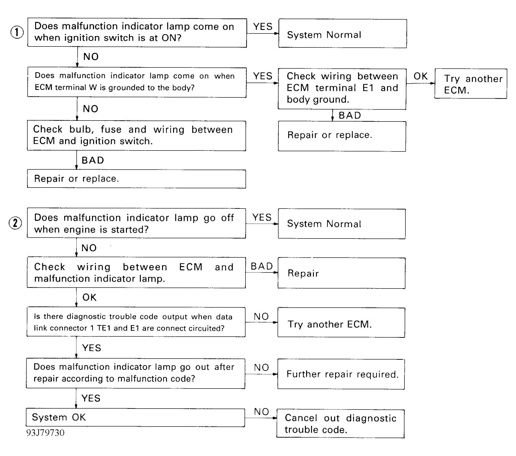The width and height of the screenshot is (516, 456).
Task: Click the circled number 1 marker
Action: tap(17, 32)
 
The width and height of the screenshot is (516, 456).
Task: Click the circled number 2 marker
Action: tap(15, 223)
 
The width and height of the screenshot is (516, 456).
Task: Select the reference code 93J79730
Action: tap(46, 433)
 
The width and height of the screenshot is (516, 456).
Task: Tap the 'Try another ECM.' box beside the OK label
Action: tap(470, 84)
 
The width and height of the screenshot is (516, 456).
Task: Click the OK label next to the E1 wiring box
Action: tap(420, 76)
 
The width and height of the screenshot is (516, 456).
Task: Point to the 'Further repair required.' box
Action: tap(341, 374)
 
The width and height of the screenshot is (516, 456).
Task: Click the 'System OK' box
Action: tap(135, 417)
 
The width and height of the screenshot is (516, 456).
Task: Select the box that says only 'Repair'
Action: tap(341, 273)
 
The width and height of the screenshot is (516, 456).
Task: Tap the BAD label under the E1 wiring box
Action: tap(350, 115)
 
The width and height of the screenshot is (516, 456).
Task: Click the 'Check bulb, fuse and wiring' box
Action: tap(136, 136)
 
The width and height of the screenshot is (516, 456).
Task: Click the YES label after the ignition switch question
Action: tap(263, 26)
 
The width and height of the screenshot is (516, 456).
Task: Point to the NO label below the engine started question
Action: tap(89, 248)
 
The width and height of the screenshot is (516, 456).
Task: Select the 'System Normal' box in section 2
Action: tap(342, 224)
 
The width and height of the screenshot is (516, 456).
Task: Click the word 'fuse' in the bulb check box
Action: tap(111, 130)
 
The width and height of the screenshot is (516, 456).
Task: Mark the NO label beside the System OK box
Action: tap(262, 412)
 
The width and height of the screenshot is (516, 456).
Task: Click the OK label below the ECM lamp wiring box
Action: tap(89, 297)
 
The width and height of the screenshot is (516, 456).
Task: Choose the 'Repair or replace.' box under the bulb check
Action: tap(136, 179)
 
